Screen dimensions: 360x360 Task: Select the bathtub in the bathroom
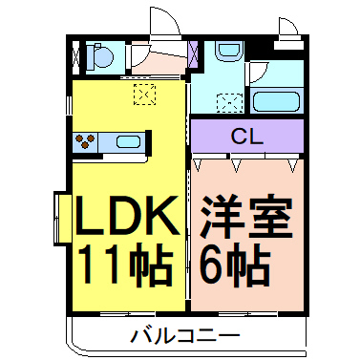(x=276, y=100)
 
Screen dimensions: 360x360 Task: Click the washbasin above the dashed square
(x=225, y=53)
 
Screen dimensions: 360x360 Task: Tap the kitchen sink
(x=128, y=143)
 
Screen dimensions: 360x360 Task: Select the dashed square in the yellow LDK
(x=144, y=93)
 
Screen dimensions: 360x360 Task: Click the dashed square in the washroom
(x=228, y=100)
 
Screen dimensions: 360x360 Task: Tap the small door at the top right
(x=286, y=30)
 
